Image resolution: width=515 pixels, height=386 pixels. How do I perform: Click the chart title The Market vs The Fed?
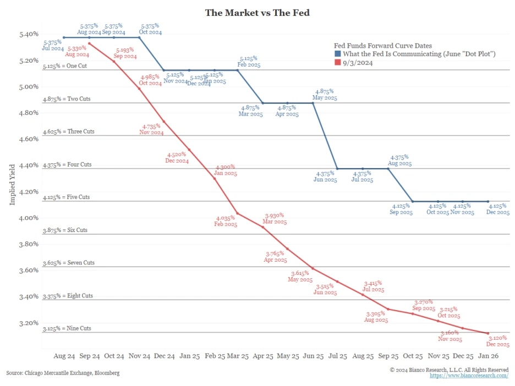click(257, 12)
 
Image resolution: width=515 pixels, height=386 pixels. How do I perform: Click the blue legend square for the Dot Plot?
click(337, 54)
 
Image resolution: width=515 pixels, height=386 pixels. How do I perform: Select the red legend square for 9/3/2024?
click(337, 63)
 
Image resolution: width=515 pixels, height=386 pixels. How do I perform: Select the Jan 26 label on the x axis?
click(487, 356)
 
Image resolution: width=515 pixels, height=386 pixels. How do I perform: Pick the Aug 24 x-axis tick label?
click(64, 356)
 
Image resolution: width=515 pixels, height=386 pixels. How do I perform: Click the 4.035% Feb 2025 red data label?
click(226, 221)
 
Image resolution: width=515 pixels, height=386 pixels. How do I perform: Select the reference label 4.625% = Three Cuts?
click(69, 132)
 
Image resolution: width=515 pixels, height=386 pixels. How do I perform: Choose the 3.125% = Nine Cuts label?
click(68, 328)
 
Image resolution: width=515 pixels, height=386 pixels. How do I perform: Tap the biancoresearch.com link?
click(469, 376)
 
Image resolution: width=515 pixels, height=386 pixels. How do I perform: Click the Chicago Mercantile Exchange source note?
click(63, 373)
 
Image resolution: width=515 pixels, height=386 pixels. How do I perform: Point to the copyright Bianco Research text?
click(449, 370)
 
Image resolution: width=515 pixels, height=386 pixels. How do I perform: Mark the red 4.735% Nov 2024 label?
click(152, 129)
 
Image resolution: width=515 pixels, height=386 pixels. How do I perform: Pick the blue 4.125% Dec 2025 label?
click(498, 209)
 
